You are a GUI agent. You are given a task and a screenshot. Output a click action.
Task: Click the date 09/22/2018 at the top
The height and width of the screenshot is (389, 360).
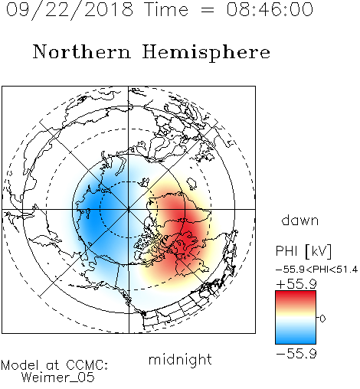(x=70, y=10)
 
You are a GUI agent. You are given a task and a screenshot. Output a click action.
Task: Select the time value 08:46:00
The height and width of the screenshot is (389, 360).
(x=270, y=9)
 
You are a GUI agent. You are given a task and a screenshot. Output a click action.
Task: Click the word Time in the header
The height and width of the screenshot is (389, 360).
(x=166, y=9)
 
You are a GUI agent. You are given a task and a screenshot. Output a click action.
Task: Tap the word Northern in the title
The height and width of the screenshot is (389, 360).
(x=82, y=51)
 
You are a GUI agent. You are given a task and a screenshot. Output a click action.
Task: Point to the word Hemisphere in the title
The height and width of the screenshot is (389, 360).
(x=206, y=53)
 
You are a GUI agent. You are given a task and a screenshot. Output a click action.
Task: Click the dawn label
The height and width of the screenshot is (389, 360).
(x=300, y=220)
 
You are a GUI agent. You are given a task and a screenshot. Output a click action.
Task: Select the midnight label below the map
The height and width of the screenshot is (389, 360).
(x=180, y=360)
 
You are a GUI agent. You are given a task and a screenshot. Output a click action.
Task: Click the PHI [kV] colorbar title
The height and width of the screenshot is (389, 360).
(x=303, y=251)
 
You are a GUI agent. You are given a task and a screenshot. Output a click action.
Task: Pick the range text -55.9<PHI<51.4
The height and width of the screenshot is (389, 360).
(x=316, y=270)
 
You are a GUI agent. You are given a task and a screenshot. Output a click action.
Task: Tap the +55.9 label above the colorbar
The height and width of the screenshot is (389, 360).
(x=296, y=284)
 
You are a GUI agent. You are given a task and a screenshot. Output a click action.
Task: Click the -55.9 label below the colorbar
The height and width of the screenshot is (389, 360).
(x=296, y=354)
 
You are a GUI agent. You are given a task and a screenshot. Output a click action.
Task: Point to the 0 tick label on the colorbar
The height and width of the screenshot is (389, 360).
(x=322, y=319)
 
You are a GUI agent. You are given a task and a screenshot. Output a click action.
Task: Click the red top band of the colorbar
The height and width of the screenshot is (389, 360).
(x=296, y=297)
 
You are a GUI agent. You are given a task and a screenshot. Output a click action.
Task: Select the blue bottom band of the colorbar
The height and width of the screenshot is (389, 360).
(x=296, y=338)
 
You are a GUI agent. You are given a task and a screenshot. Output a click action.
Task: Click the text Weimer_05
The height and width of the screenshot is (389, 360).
(x=58, y=377)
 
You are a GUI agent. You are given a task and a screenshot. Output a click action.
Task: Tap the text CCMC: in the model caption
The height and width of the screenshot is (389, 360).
(x=87, y=365)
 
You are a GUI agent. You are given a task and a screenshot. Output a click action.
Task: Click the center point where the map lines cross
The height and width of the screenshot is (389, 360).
(x=129, y=209)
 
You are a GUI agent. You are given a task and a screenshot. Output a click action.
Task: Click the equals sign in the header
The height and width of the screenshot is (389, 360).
(x=208, y=10)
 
